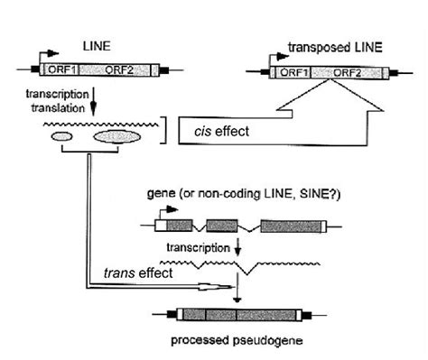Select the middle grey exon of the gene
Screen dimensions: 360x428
[x=220, y=226]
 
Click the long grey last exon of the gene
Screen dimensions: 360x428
[x=284, y=226]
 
